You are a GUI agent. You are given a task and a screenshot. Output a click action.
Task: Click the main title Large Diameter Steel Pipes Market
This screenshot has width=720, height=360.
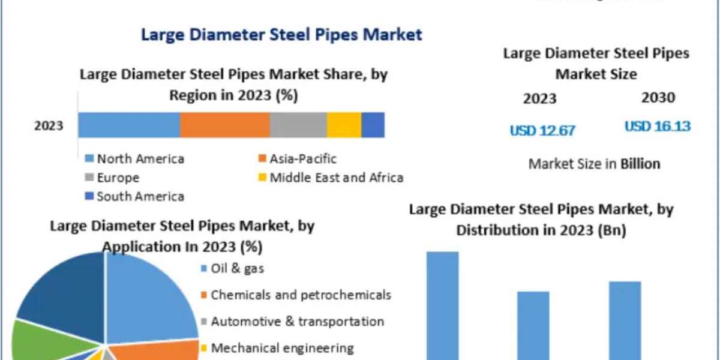(x=281, y=34)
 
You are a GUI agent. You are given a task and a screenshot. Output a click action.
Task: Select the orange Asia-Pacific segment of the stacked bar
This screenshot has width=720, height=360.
(x=224, y=125)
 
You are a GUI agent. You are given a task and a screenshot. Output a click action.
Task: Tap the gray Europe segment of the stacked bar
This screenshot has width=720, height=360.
(x=298, y=125)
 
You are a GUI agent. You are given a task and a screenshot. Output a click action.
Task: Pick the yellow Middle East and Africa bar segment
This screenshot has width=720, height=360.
(x=344, y=125)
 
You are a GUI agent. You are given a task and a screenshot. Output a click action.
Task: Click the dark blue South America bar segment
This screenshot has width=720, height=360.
(x=373, y=125)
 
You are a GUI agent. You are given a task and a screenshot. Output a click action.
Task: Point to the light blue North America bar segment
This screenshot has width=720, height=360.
(x=129, y=125)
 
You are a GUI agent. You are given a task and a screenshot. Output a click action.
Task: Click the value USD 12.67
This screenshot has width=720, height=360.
(x=542, y=130)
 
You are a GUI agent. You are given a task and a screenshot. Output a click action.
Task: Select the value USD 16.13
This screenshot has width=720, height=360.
(x=658, y=127)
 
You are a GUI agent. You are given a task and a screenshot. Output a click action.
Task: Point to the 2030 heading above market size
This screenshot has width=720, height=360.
(x=658, y=98)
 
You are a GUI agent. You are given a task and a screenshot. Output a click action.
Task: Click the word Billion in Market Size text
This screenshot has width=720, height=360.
(x=640, y=164)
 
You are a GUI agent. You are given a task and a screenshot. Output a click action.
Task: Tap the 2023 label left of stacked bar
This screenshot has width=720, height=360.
(x=49, y=126)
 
